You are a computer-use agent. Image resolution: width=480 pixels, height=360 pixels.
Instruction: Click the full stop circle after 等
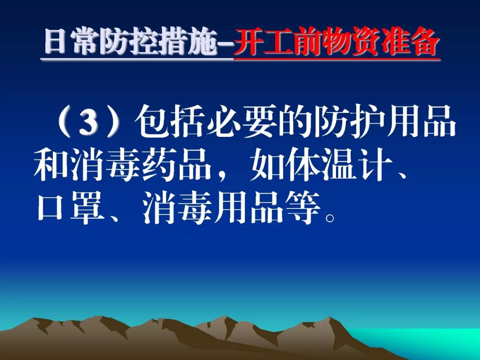tap(329, 218)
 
